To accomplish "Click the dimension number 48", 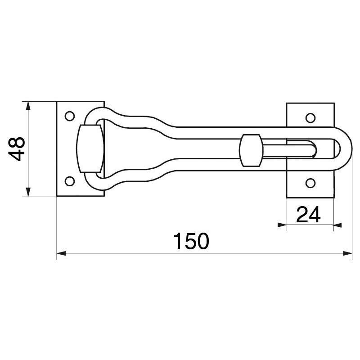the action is coord(17,149).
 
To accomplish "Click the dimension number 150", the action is coord(191,241).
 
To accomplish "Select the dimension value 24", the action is coord(308,215).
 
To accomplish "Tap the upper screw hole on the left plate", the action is coord(70,116).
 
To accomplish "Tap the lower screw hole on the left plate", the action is coord(70,181).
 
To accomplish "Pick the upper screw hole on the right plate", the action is coord(310,118).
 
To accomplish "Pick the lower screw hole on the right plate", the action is coord(310,183).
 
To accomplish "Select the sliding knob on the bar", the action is coord(251,150).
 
